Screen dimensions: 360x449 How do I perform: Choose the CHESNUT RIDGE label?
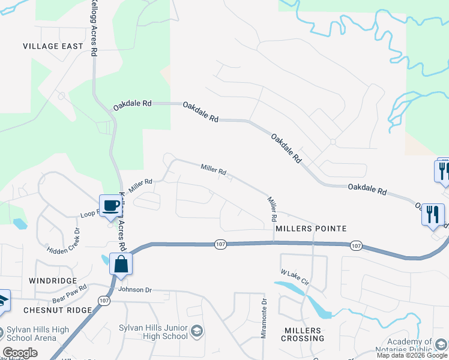coord(58,310)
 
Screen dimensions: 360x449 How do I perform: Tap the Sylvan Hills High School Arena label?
coord(38,334)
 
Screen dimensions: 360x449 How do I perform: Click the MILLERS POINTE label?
coord(311,229)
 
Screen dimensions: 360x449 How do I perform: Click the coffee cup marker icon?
coord(110,206)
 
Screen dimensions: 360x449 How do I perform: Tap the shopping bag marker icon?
coord(121,264)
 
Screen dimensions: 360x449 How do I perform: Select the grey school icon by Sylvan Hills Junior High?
coord(196,331)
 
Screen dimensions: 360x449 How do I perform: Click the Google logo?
coord(19,353)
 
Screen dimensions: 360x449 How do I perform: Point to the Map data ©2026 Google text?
coord(412,355)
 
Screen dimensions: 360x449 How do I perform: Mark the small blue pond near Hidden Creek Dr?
coord(19,224)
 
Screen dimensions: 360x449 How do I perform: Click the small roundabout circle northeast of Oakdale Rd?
coord(332,142)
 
